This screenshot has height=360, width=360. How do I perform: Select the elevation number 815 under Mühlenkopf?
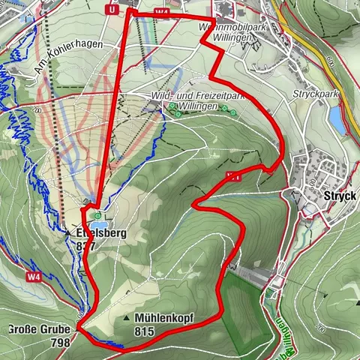click(x=145, y=331)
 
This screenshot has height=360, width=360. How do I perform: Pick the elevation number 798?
click(x=60, y=342)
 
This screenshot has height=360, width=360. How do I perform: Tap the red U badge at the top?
click(x=112, y=10)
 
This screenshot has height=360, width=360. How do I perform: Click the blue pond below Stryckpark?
click(x=337, y=121)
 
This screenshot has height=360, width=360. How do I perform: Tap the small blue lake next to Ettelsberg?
click(x=98, y=223)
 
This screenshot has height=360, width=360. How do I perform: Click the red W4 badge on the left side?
click(x=31, y=277)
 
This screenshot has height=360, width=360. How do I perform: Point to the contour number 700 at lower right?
click(x=320, y=327)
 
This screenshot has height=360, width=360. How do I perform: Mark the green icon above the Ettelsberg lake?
click(x=97, y=214)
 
